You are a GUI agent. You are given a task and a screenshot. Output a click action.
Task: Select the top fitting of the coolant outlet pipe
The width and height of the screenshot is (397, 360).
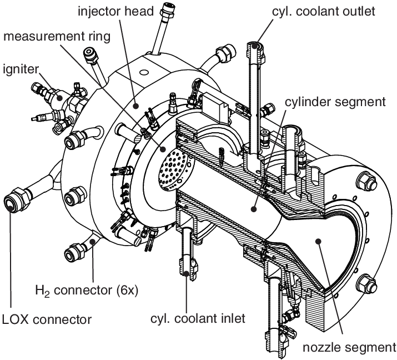pyautogui.click(x=255, y=47)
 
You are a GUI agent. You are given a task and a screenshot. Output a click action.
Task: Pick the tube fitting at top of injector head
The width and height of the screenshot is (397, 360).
pyautogui.click(x=166, y=9)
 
